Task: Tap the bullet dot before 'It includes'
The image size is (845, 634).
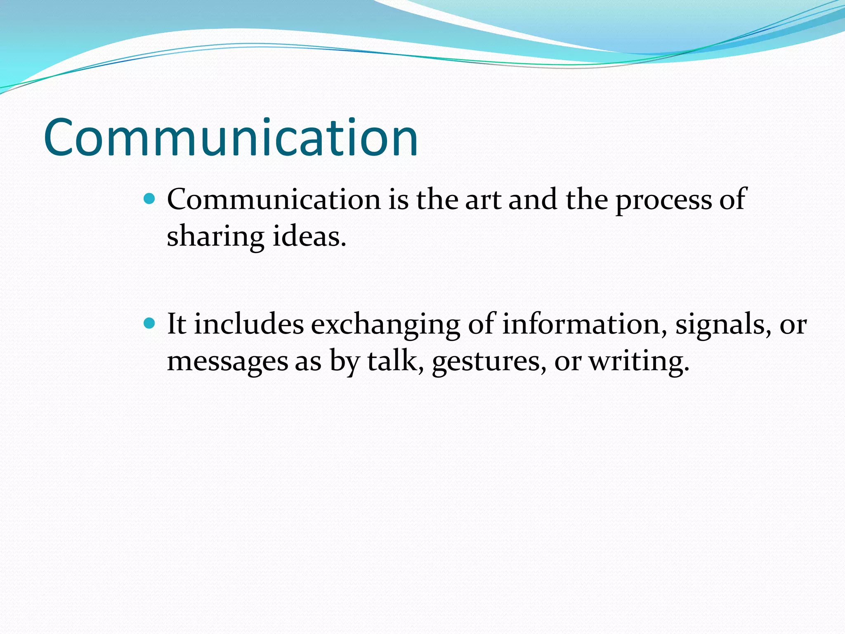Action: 149,323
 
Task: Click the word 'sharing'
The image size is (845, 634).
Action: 215,237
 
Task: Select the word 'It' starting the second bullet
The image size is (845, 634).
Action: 177,324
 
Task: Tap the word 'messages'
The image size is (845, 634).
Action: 227,362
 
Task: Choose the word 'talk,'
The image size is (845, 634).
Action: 395,361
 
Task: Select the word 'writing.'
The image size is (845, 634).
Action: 639,362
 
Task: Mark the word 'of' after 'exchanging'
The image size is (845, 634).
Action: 482,324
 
